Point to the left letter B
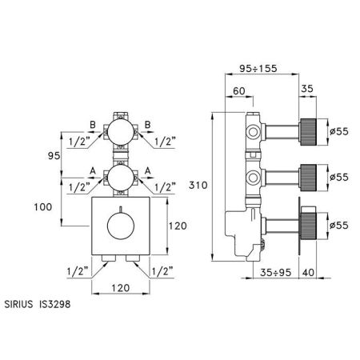pos(93,125)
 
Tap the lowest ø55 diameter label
pos(339,226)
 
